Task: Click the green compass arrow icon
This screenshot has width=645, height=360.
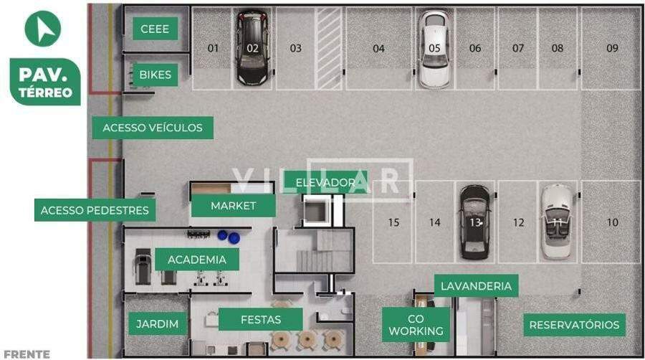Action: [x=43, y=29]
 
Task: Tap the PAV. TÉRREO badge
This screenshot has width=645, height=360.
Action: [x=45, y=82]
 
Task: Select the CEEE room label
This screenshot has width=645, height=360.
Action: [x=155, y=29]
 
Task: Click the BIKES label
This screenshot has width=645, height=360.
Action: [x=155, y=75]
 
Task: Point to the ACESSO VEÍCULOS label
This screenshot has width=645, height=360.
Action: [x=153, y=128]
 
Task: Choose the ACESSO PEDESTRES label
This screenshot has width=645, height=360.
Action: [x=95, y=210]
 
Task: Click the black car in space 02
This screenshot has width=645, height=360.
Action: [x=252, y=48]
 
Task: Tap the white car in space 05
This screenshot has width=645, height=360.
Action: [x=434, y=49]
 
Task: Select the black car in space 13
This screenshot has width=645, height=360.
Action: [x=474, y=222]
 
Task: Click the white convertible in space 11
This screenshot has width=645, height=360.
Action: [x=557, y=222]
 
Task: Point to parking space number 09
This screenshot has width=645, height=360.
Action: [x=612, y=48]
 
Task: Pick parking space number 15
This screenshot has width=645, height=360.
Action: [x=393, y=222]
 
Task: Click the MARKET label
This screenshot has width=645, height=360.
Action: [x=233, y=206]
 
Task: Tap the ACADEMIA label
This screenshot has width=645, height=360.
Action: [x=197, y=260]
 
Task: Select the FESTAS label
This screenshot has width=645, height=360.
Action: [x=261, y=320]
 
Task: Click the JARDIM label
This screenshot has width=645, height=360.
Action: [x=157, y=324]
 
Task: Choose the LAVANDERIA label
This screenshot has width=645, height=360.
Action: [x=477, y=286]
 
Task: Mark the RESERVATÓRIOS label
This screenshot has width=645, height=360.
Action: [x=574, y=325]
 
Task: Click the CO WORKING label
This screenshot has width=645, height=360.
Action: [x=416, y=325]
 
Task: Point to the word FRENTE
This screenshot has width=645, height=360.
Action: [x=27, y=354]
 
